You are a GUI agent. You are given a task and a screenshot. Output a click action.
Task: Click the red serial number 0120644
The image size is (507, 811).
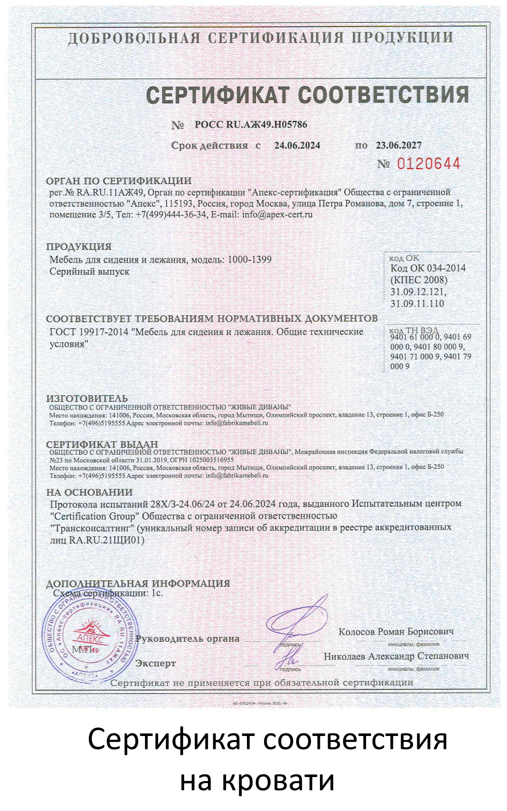(x=428, y=164)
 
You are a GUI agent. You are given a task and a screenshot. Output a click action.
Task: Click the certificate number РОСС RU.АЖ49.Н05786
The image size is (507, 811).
(x=250, y=125)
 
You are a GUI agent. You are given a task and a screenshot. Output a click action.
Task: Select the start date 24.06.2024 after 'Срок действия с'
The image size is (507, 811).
(x=297, y=145)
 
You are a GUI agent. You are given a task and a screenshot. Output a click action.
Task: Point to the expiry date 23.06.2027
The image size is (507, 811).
(x=399, y=145)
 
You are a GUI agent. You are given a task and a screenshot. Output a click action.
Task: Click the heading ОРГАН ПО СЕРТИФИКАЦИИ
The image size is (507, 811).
(x=119, y=181)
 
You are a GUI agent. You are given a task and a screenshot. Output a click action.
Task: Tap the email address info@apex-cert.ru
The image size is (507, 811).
(x=277, y=214)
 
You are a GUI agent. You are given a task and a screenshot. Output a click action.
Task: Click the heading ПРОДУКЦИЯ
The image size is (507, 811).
(x=79, y=247)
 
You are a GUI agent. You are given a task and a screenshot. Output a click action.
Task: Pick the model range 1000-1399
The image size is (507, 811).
(x=249, y=260)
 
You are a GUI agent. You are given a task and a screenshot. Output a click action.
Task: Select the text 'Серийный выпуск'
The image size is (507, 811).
(x=89, y=272)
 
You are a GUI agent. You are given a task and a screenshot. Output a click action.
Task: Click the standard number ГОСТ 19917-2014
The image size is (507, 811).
(x=89, y=332)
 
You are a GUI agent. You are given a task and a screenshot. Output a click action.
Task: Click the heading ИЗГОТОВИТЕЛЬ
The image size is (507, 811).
(x=87, y=398)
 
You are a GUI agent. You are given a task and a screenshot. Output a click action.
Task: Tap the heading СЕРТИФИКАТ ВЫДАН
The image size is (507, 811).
(x=102, y=445)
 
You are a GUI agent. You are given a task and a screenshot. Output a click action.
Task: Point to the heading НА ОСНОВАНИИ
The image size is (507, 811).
(x=89, y=492)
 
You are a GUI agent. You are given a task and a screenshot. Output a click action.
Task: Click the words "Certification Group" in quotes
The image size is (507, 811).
(x=94, y=516)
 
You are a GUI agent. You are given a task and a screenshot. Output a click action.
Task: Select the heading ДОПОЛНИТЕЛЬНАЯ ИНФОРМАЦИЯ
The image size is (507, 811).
(x=138, y=583)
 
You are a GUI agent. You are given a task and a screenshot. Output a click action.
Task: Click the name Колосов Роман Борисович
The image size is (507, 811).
(x=396, y=632)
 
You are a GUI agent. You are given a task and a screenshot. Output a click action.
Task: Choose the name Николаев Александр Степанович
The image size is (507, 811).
(x=396, y=656)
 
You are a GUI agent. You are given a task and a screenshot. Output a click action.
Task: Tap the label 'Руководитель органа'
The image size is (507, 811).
(x=188, y=639)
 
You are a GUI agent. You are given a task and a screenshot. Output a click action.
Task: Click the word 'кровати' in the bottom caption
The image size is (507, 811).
(x=257, y=780)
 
